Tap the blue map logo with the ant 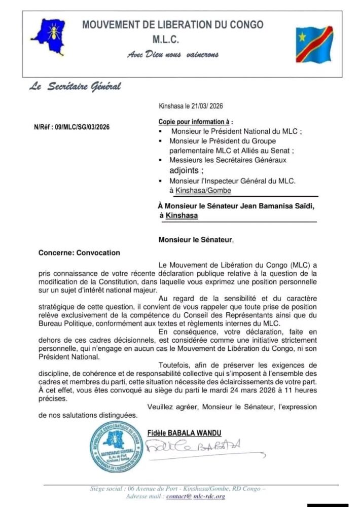[49, 36]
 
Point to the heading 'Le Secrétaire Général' [75, 86]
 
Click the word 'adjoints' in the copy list [186, 170]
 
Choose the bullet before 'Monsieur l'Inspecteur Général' [161, 180]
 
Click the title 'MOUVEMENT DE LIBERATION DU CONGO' [173, 24]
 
